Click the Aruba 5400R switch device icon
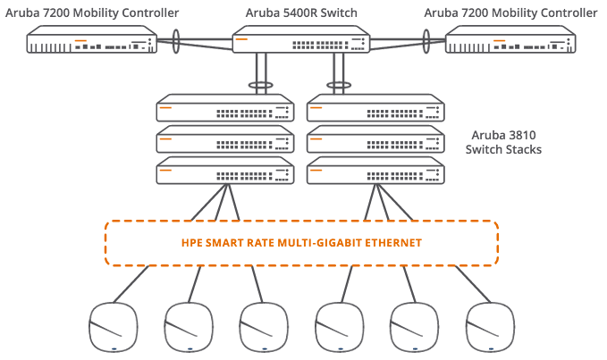pos(301,41)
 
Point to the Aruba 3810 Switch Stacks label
pos(503,142)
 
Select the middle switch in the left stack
pos(226,141)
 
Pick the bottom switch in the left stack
pos(226,171)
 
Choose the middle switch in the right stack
pos(375,141)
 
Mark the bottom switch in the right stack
pos(375,171)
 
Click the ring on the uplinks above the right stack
pos(339,86)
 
